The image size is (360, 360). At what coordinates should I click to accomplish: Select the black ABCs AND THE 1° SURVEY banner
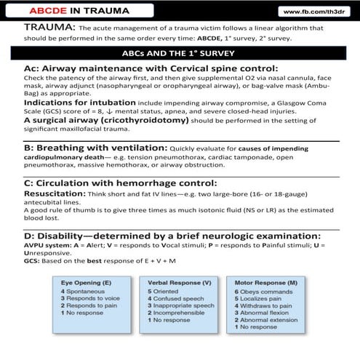(180, 52)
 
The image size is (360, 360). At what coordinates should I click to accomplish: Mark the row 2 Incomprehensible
(179, 314)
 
